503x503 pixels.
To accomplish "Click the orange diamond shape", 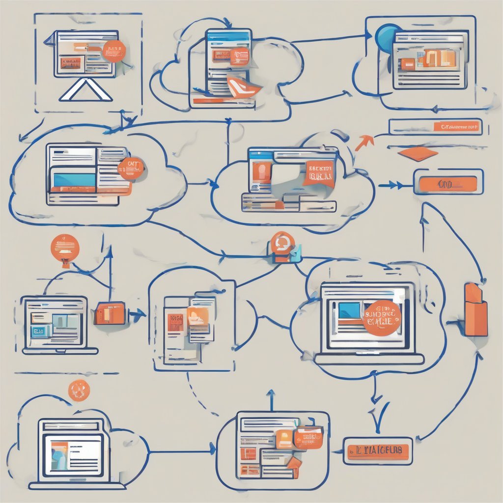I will (418, 153).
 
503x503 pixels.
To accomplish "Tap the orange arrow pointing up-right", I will (364, 142).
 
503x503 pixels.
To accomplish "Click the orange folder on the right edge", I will (475, 310).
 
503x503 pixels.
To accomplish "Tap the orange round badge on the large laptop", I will (382, 318).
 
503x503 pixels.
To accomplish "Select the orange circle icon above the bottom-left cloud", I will (79, 391).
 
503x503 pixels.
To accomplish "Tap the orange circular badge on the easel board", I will (114, 52).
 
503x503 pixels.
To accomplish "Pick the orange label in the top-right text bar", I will (456, 127).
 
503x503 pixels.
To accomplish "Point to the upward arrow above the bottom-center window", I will (271, 399).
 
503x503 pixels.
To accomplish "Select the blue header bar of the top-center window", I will (228, 36).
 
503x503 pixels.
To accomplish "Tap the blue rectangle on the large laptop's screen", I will (349, 310).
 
